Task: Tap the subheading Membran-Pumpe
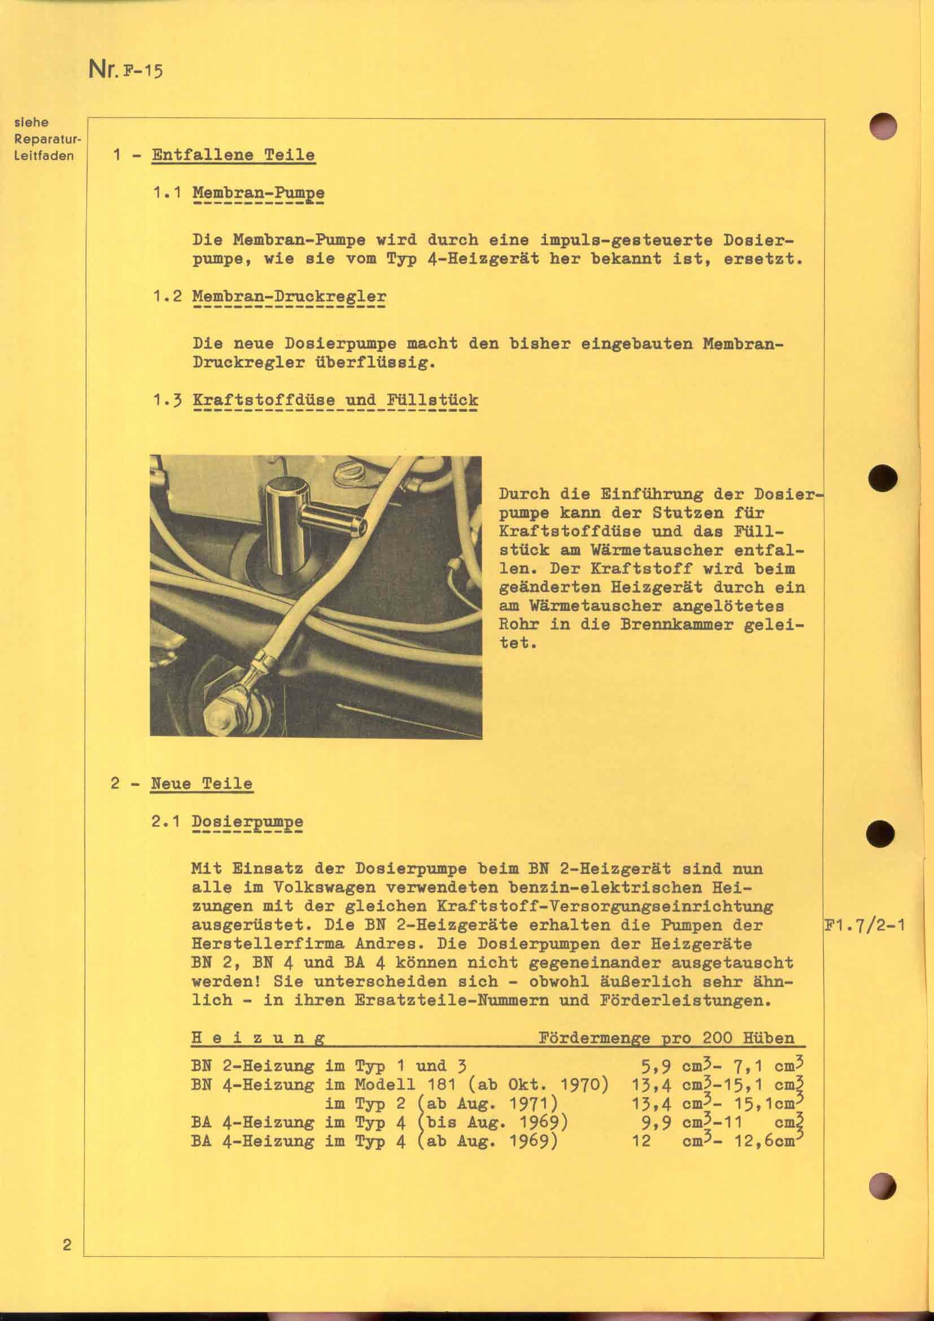[258, 193]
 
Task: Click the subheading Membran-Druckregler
[289, 297]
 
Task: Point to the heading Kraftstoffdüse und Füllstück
[335, 400]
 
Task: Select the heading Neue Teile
[201, 784]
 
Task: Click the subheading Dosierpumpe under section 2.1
[247, 822]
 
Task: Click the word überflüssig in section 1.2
[373, 363]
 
